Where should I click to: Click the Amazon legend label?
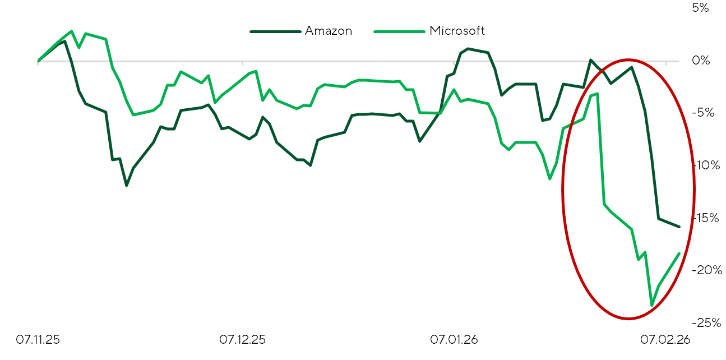[329, 31]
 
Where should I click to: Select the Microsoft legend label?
[457, 31]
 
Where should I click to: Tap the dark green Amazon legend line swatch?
[275, 31]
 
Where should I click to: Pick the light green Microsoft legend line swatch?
[399, 31]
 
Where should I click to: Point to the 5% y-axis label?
[700, 7]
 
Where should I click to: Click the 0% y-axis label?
[701, 61]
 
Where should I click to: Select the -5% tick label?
[703, 113]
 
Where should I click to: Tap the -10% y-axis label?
[706, 165]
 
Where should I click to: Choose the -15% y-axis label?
[706, 218]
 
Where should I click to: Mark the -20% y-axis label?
[707, 270]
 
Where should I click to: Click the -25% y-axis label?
[706, 322]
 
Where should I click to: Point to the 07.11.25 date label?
[38, 340]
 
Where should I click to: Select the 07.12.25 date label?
[242, 340]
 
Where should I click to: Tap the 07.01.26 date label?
[454, 340]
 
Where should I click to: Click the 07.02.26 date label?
[665, 340]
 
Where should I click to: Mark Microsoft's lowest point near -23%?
[652, 306]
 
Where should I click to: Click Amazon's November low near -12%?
[126, 186]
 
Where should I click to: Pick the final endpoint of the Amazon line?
[679, 227]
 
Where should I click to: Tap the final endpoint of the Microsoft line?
[679, 253]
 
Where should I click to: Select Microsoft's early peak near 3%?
[71, 31]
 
